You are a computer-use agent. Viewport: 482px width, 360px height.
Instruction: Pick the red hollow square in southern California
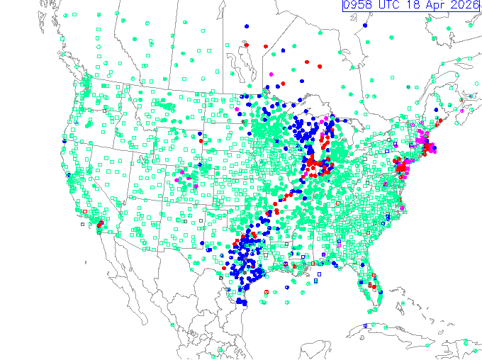pyautogui.click(x=84, y=210)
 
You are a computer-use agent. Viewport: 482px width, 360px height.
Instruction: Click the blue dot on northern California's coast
pyautogui.click(x=65, y=141)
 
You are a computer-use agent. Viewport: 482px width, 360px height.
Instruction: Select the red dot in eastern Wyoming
pyautogui.click(x=201, y=140)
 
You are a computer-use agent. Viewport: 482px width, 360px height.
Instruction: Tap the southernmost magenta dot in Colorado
pyautogui.click(x=196, y=186)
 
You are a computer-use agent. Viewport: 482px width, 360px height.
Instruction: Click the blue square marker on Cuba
pyautogui.click(x=366, y=325)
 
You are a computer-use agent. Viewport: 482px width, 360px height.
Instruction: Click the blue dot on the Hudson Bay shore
pyautogui.click(x=364, y=26)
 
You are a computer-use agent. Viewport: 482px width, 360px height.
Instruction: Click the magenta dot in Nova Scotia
pyautogui.click(x=461, y=111)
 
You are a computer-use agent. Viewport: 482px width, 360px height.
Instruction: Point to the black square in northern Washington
pyautogui.click(x=104, y=111)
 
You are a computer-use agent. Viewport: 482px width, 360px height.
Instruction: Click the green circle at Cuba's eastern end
pyautogui.click(x=427, y=344)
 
